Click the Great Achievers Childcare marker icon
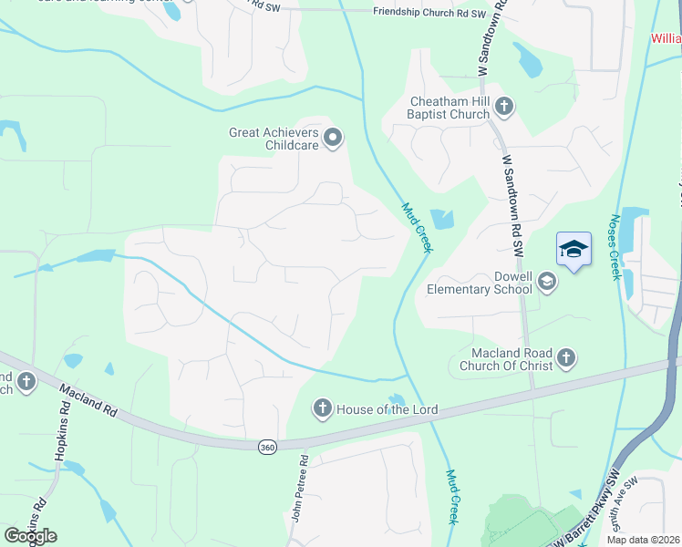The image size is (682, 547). point(333,139)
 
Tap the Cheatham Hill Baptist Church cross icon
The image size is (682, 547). point(503,108)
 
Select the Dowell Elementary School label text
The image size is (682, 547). point(480,283)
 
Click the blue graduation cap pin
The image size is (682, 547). point(573,249)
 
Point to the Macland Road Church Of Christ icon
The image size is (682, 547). point(566,358)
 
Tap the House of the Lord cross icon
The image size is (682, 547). point(322,409)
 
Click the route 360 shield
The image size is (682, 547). point(266,447)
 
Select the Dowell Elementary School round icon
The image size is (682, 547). point(546,282)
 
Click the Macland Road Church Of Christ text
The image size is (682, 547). point(511,359)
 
